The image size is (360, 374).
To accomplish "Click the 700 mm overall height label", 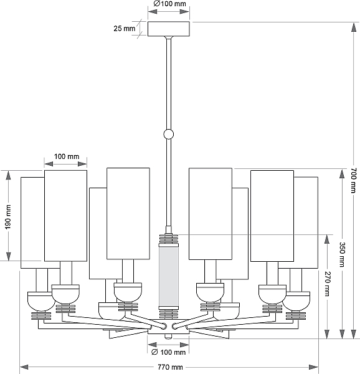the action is [354, 180].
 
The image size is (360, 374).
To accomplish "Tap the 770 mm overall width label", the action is [170, 367].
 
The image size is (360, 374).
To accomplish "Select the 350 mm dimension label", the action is [342, 254].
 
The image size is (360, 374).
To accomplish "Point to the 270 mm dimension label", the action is [328, 284].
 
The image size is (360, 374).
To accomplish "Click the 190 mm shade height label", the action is [8, 216].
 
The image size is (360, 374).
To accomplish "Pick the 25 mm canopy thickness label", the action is [124, 29].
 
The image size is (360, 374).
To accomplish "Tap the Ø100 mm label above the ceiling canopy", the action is [169, 4].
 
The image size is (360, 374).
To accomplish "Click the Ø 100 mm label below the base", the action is [168, 352].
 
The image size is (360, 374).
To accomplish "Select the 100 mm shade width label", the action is [67, 156].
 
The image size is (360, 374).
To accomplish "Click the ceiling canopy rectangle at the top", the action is [169, 29].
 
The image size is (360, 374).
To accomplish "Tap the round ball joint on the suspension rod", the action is [168, 134].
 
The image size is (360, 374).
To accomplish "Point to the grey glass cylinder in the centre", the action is [169, 276].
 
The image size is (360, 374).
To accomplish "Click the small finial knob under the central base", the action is [168, 337].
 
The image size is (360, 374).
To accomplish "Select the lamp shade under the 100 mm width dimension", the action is [66, 216].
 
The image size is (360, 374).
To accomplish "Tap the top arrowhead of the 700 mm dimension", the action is [354, 27].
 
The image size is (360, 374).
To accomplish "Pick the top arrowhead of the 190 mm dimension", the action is [8, 175].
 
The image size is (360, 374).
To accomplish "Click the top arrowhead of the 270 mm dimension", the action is [327, 239].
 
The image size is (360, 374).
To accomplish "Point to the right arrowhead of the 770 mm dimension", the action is [314, 367].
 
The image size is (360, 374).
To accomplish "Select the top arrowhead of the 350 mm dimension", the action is [342, 173].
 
